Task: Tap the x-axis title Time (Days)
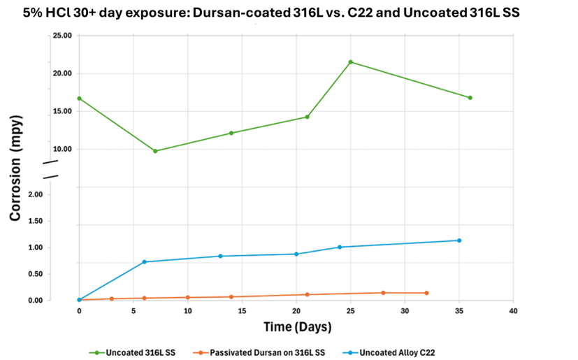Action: click(x=297, y=326)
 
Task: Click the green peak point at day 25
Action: click(x=350, y=62)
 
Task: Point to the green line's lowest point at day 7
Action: click(x=155, y=151)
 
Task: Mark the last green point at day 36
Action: click(x=470, y=98)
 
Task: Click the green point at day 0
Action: click(x=79, y=99)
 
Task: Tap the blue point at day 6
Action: click(x=144, y=262)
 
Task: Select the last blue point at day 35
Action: click(x=459, y=240)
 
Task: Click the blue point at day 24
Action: click(x=340, y=247)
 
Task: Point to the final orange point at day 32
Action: click(x=426, y=293)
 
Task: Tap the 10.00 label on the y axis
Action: click(x=63, y=149)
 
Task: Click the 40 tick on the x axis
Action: click(x=513, y=310)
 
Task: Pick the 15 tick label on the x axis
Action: click(x=242, y=310)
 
